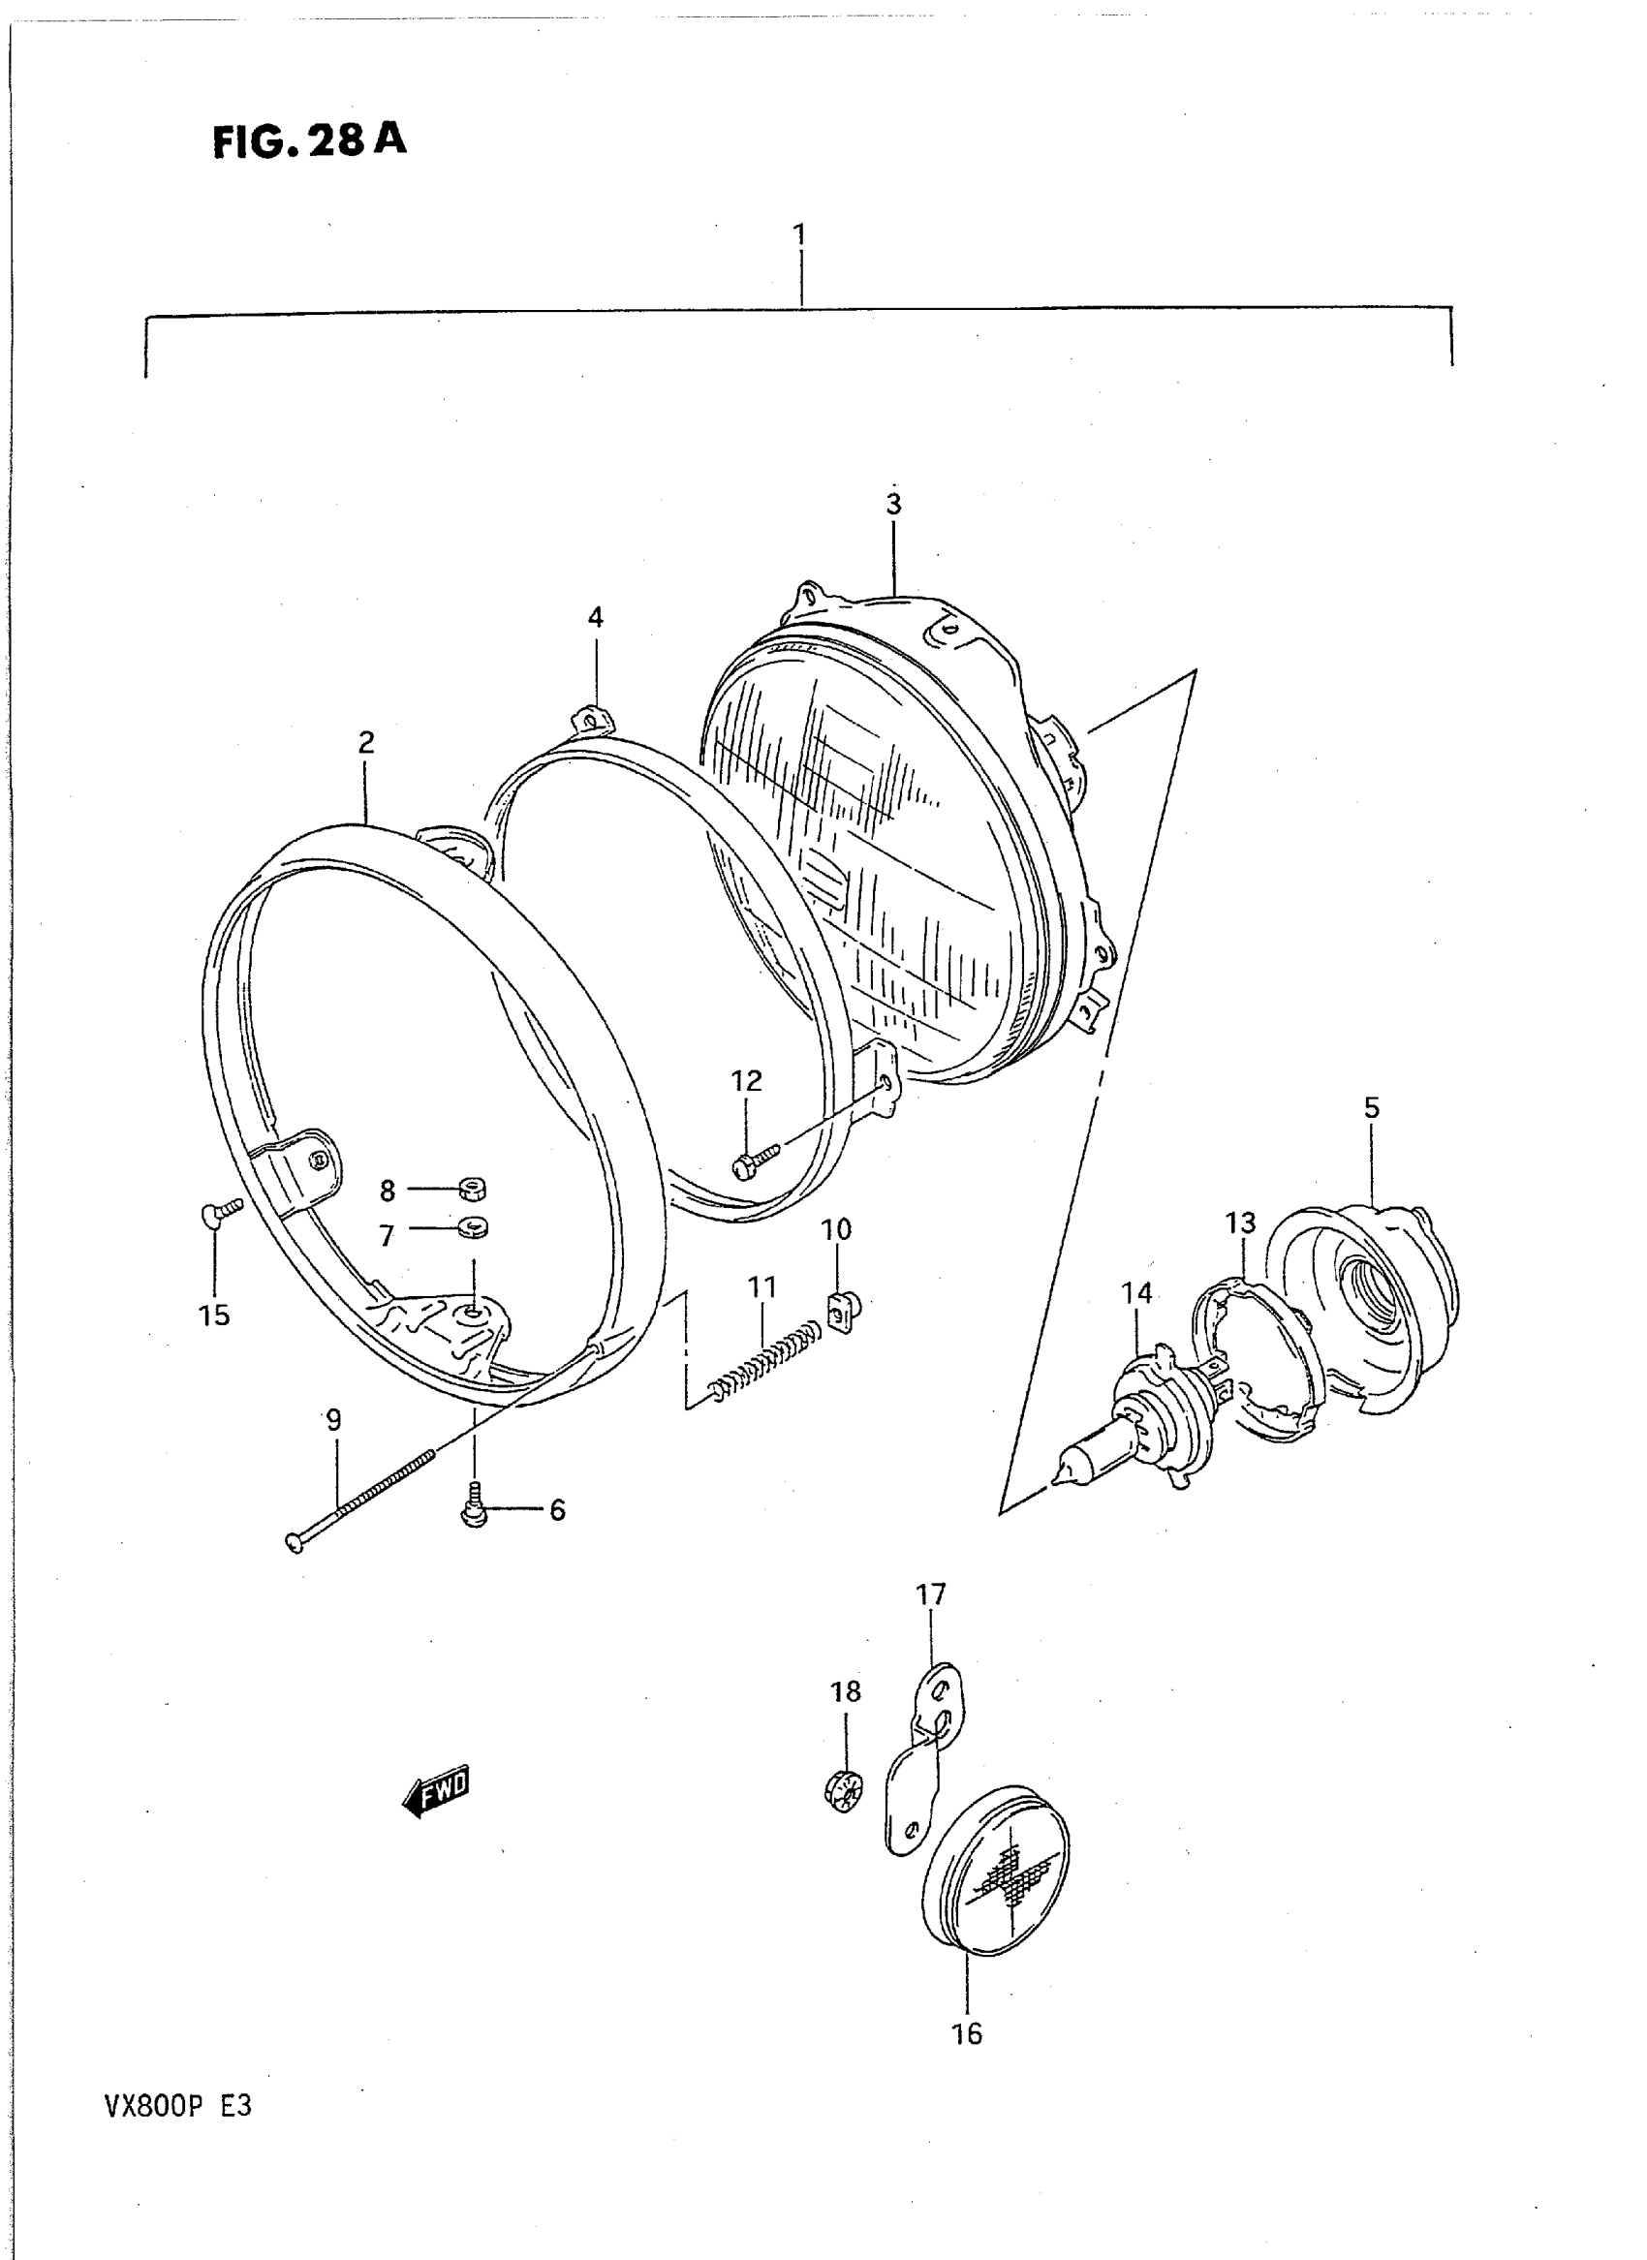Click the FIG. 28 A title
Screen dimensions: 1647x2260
(309, 140)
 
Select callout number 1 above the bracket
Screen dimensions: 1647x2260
(798, 235)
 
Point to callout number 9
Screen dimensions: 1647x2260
(333, 1420)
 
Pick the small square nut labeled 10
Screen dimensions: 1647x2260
(843, 1310)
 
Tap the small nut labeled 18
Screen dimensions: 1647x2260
(844, 1792)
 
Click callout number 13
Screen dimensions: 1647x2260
(1240, 1223)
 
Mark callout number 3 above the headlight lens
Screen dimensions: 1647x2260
(893, 505)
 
